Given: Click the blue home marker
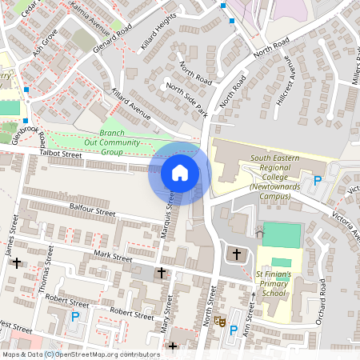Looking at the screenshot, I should [x=179, y=172].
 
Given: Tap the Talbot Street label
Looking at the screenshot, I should [x=61, y=154].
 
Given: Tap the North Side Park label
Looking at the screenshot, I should [x=187, y=98].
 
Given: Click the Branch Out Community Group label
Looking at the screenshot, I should [x=122, y=142].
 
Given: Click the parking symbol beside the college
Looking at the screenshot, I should [x=317, y=180].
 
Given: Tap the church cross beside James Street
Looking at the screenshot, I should [x=15, y=262].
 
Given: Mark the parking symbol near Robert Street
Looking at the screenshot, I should [x=76, y=317].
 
